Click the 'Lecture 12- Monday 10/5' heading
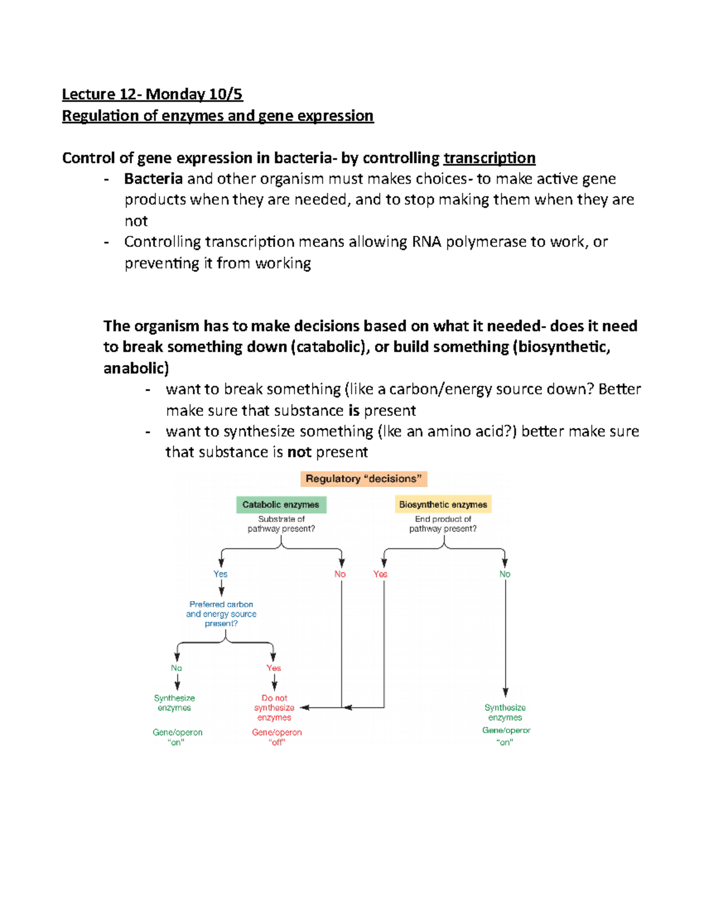coord(152,94)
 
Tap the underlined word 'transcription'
coord(489,158)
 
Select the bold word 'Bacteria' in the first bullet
coord(153,179)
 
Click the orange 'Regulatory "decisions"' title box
coord(364,479)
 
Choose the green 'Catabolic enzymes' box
coord(281,504)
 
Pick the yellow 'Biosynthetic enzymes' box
coord(443,504)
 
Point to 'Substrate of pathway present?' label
coord(281,524)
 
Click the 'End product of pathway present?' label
coord(443,524)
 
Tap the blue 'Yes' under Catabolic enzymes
coord(221,574)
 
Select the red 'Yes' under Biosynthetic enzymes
coord(380,574)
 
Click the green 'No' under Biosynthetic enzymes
coord(505,574)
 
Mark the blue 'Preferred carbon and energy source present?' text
coord(221,614)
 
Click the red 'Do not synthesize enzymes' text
coord(274,707)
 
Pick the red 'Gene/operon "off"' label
coord(277,737)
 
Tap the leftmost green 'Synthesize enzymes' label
coord(174,703)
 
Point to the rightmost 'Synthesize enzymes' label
coord(505,712)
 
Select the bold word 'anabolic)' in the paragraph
coord(136,368)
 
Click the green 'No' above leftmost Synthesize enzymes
coord(176,668)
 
